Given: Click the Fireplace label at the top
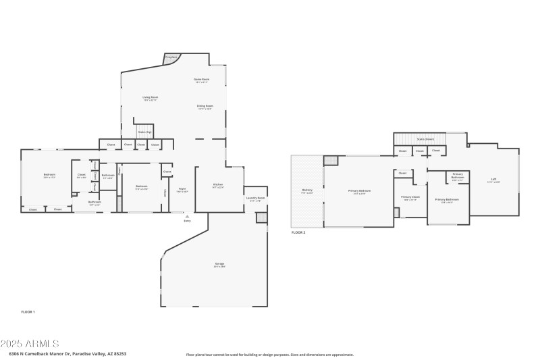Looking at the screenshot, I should (171, 57).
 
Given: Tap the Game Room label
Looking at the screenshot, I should (202, 80).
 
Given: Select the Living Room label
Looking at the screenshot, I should (150, 98).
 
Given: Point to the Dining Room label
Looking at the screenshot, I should (205, 106).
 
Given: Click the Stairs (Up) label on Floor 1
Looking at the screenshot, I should (144, 132).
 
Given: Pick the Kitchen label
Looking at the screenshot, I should (218, 184).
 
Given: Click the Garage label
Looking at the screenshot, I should (219, 263).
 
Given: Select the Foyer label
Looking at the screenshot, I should (182, 189).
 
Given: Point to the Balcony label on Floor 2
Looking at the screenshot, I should (307, 191).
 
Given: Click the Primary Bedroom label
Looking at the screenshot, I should (359, 191).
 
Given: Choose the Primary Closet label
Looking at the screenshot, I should (410, 197).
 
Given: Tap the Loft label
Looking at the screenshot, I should (493, 179).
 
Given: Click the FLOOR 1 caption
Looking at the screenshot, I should (28, 311).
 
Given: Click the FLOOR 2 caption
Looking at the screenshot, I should (298, 232).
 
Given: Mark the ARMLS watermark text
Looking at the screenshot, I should (30, 344).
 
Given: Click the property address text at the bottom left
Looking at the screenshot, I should (67, 353).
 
